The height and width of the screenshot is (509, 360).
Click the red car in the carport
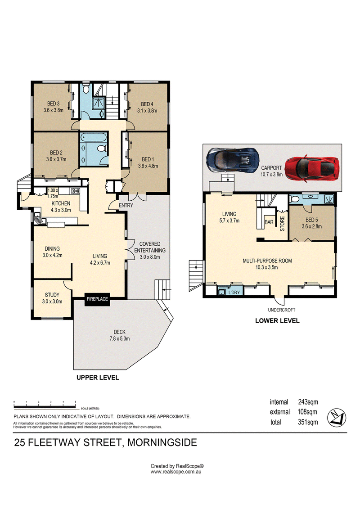coord(312,168)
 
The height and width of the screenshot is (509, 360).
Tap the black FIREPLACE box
coord(97,299)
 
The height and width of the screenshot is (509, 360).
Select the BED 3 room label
coord(53,104)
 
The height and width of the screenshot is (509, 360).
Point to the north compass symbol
coord(337,418)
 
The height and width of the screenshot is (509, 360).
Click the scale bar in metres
coord(45,406)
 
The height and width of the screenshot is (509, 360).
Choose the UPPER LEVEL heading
coord(98,378)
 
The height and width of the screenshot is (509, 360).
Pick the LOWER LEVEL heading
coord(277,321)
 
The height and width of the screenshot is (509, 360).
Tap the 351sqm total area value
coord(308,422)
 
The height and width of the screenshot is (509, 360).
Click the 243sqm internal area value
coord(308,402)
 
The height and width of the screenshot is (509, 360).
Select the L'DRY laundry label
coord(234,293)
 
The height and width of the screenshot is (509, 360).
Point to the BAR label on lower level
coord(269,222)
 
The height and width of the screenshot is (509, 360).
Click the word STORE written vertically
coord(282,224)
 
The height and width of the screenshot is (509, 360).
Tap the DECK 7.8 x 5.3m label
coord(120,335)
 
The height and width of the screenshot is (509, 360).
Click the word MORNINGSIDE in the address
coord(162,442)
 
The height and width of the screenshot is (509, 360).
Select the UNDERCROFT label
coord(282,310)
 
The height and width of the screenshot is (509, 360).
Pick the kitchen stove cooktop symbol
coord(76,191)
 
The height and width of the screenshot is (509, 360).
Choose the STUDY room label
coord(52,295)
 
